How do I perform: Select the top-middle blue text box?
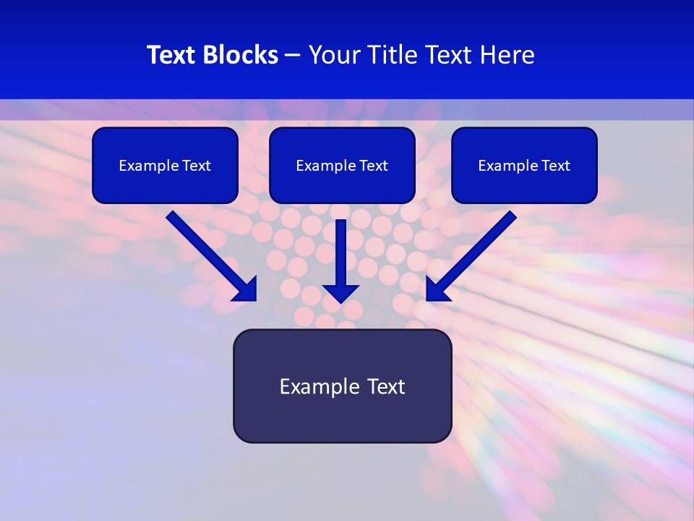pyautogui.click(x=342, y=185)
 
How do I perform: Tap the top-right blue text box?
pyautogui.click(x=524, y=185)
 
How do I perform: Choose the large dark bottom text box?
pyautogui.click(x=342, y=416)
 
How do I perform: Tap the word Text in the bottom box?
pyautogui.click(x=385, y=386)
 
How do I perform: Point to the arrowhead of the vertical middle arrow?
pyautogui.click(x=340, y=293)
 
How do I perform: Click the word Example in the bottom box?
pyautogui.click(x=320, y=386)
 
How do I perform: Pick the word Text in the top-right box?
pyautogui.click(x=556, y=166)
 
